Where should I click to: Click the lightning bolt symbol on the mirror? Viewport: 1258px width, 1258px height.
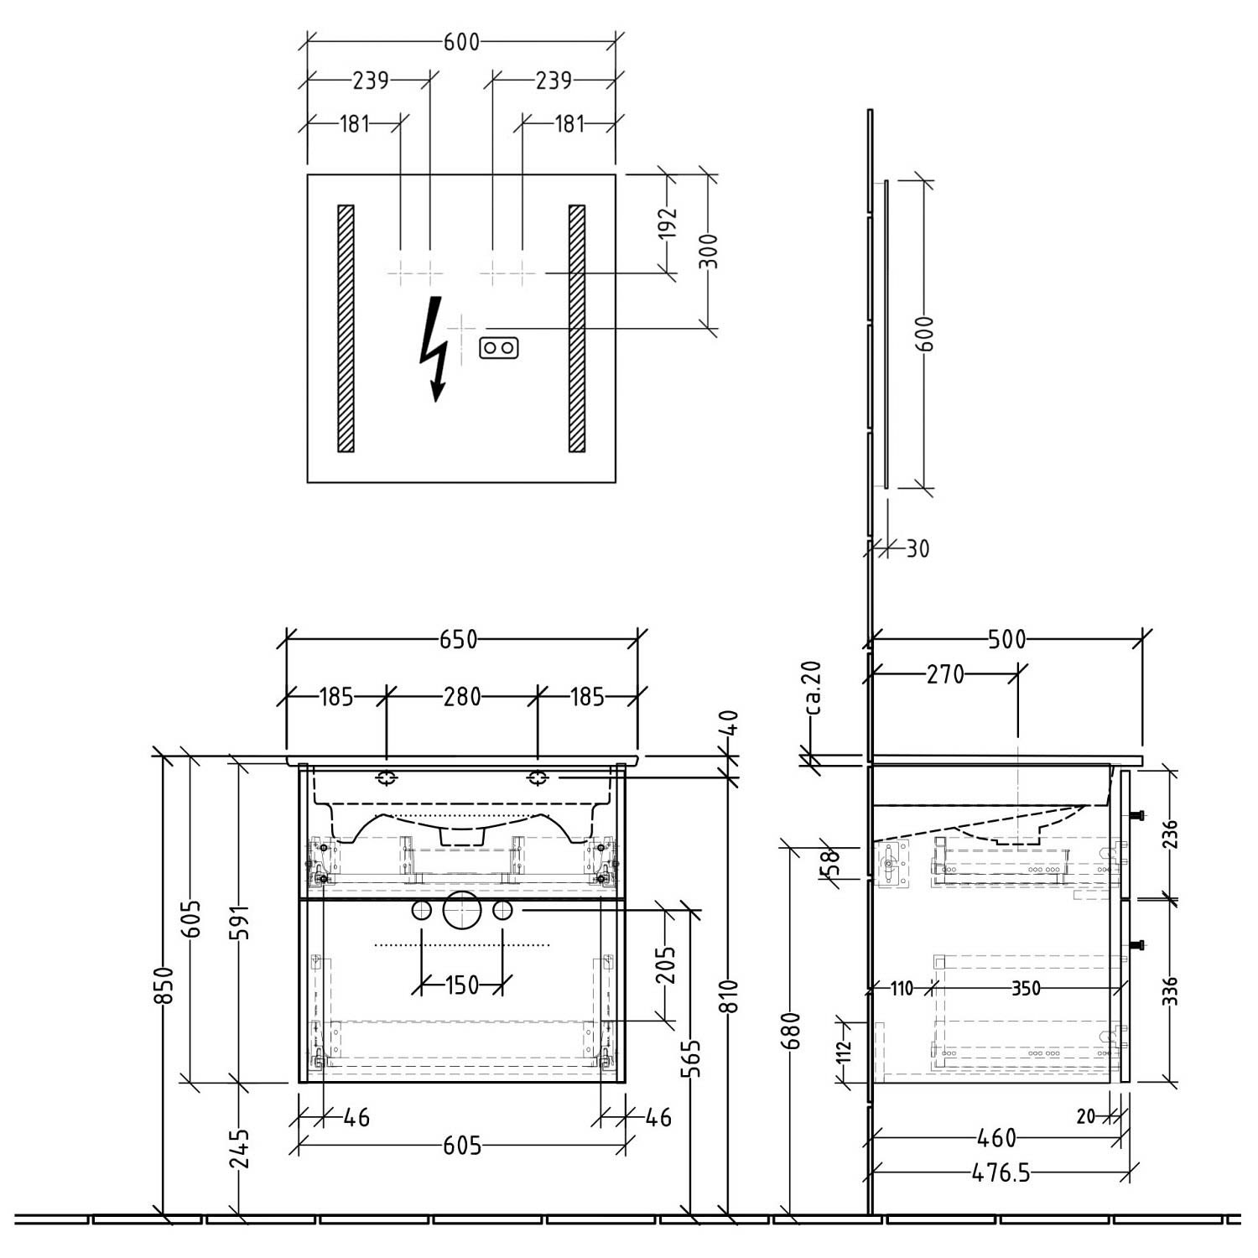tap(434, 349)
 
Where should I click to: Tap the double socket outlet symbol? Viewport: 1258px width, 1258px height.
tap(499, 348)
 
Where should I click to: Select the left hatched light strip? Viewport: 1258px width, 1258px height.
tap(346, 329)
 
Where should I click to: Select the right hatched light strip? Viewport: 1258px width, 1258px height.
tap(577, 329)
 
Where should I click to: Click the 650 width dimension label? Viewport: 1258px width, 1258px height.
tap(459, 640)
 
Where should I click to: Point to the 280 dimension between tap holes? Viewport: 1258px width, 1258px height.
tap(462, 697)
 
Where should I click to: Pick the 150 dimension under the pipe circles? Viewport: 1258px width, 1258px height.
tap(461, 984)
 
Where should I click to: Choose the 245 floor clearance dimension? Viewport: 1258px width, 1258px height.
tap(239, 1148)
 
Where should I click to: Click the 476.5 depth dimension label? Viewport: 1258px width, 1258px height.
tap(1001, 1172)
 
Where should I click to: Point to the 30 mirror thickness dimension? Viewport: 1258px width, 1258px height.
tap(918, 548)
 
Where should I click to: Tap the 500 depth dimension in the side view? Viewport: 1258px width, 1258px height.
tap(1006, 640)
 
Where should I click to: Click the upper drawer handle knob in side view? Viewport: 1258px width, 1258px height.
tap(1137, 815)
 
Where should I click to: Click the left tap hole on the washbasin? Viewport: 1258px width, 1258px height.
tap(386, 778)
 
